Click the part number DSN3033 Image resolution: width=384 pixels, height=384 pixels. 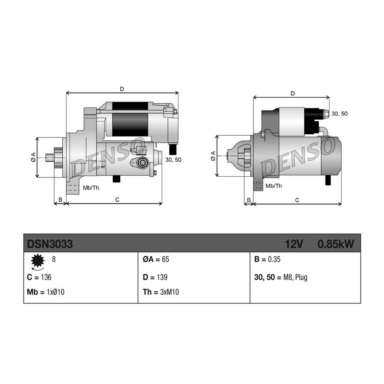click(50, 244)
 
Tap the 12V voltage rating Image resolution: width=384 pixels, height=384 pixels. click(294, 244)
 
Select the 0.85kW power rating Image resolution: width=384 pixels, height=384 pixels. click(336, 244)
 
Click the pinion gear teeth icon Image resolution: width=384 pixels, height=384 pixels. click(38, 261)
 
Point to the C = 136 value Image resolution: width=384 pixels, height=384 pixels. click(39, 277)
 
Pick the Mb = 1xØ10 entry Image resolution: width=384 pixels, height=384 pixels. click(46, 292)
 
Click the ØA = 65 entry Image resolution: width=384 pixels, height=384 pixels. click(156, 259)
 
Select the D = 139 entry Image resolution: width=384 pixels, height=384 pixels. click(155, 277)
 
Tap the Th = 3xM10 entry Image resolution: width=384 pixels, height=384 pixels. click(161, 292)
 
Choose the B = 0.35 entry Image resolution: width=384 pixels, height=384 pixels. click(267, 259)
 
